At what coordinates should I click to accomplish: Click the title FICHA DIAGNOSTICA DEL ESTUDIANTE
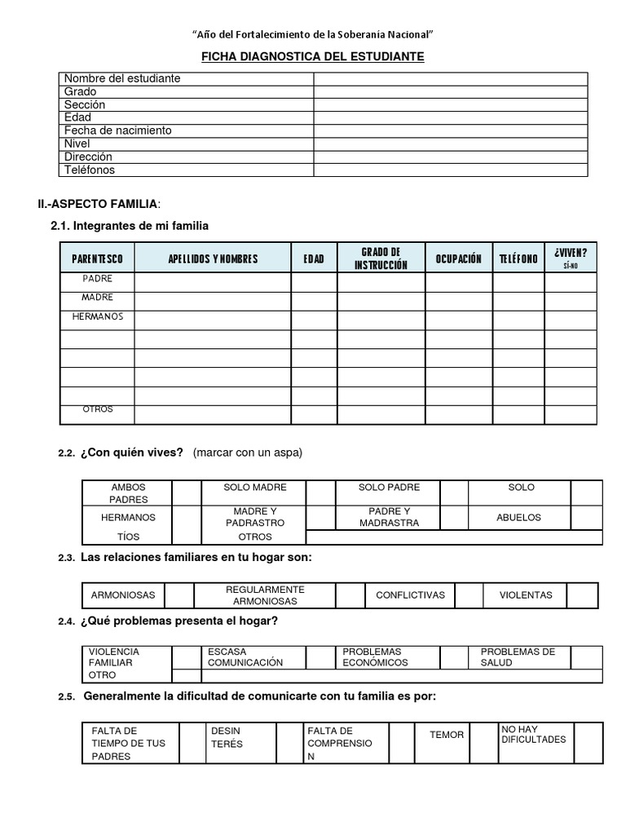coord(313,56)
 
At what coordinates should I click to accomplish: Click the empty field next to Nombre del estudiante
coord(450,78)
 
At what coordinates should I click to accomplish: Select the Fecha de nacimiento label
coord(118,130)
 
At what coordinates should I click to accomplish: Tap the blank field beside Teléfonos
coord(450,170)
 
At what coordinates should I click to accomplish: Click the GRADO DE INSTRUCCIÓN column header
coord(381,258)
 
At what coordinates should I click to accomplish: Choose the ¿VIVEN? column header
coord(570,258)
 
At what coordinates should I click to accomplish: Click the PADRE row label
coord(97,279)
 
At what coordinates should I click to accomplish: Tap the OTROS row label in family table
coord(97,409)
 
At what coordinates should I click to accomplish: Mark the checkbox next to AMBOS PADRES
coord(186,493)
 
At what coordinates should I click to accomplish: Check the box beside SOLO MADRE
coord(320,493)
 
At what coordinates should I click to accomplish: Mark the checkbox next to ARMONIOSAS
coord(180,595)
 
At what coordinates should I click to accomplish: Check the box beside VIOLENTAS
coord(582,595)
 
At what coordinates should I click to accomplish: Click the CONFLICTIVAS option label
coord(410,595)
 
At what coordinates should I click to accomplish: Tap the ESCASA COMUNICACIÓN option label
coord(245,657)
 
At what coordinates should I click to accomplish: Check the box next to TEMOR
coord(485,742)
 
